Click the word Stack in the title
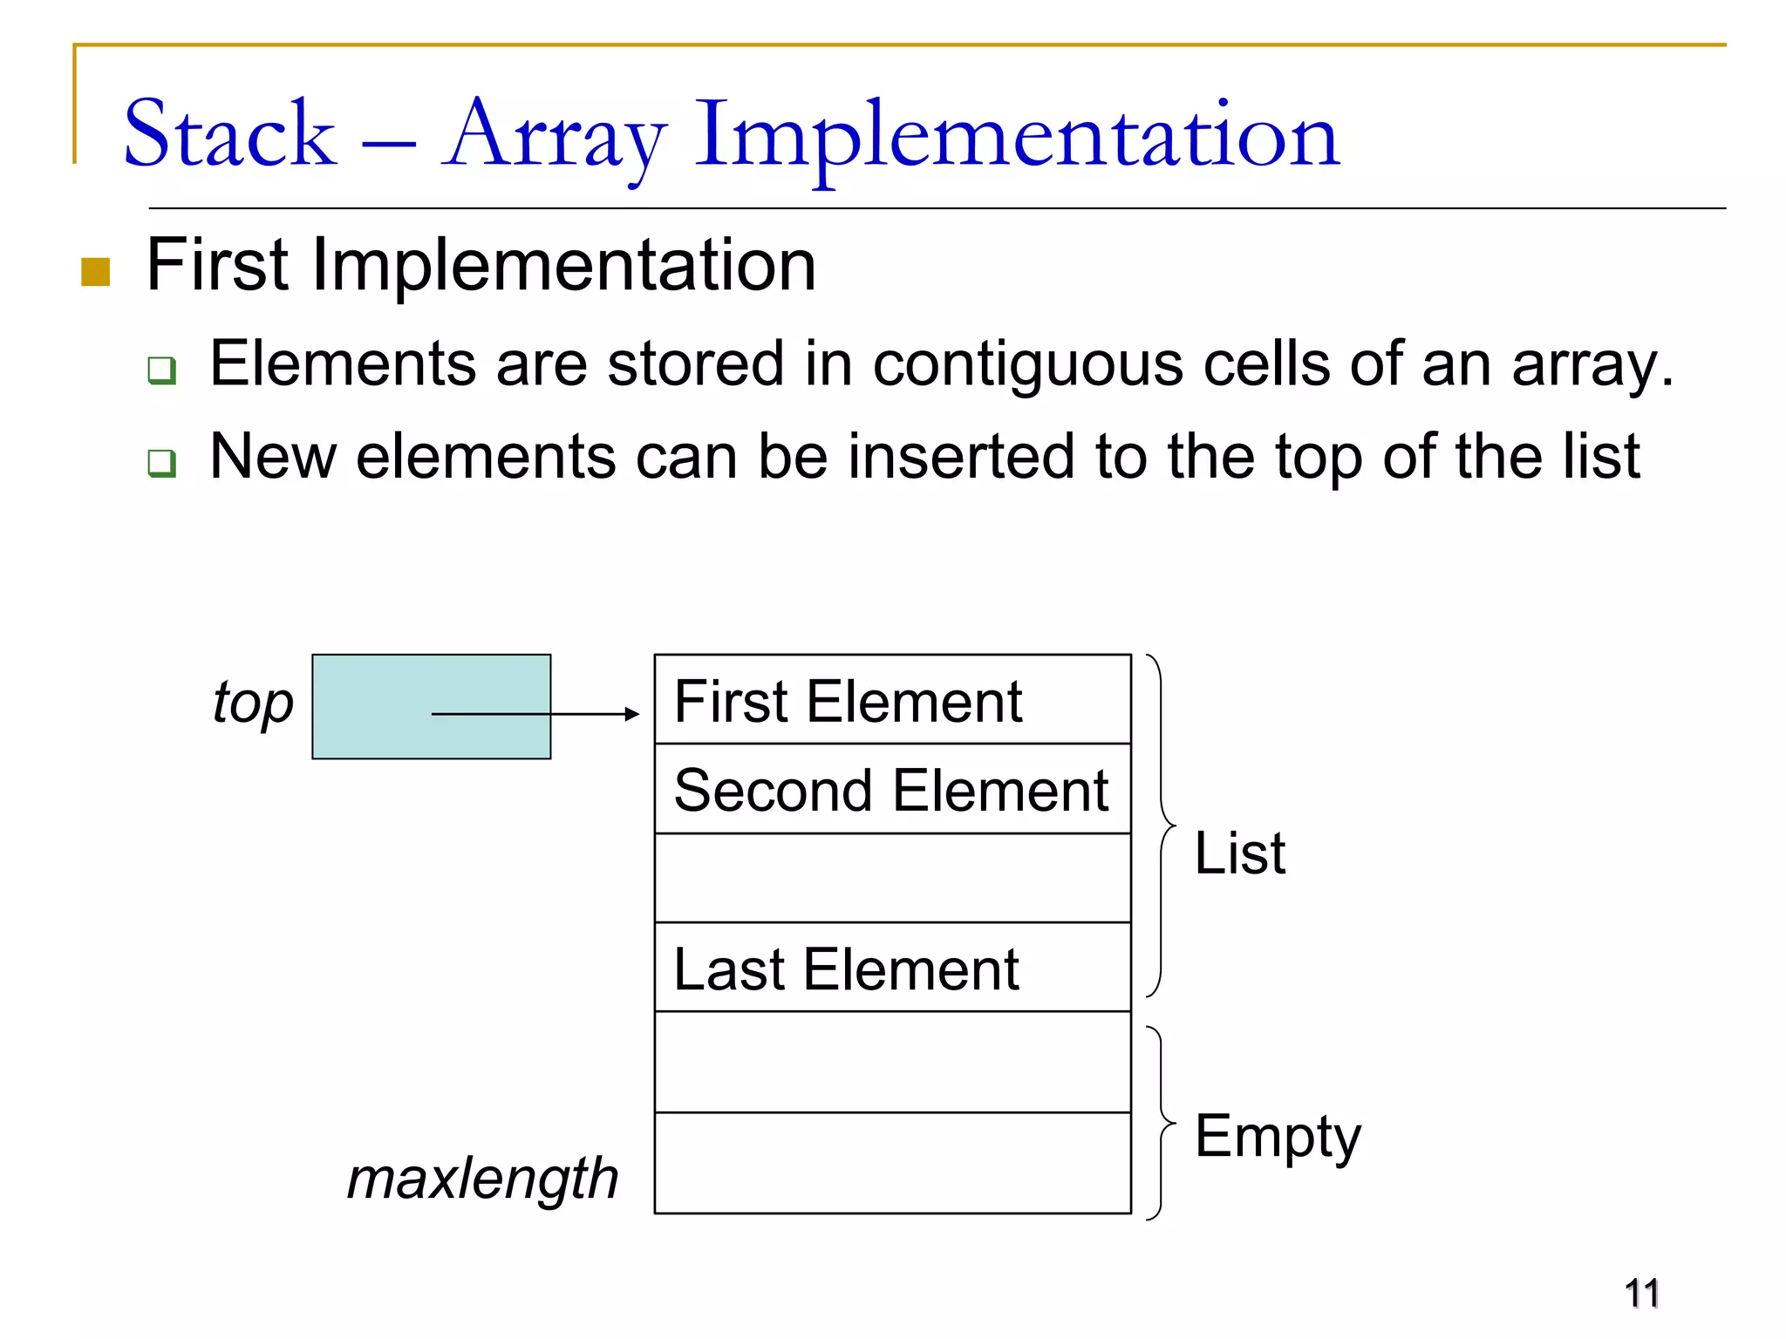[229, 135]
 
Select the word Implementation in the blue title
[1016, 138]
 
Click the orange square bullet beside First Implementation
[95, 271]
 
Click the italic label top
[253, 703]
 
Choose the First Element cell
[892, 700]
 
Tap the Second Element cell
[892, 790]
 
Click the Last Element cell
[892, 969]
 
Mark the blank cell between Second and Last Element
[892, 878]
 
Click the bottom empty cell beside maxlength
[892, 1163]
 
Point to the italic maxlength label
[482, 1179]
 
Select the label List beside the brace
[1239, 853]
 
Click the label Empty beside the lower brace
[1277, 1138]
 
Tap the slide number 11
[1641, 1293]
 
